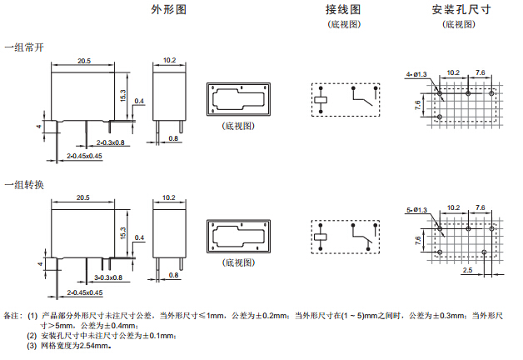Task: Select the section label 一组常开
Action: coord(24,47)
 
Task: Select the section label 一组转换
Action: coord(24,183)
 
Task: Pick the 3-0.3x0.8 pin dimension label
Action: coord(108,277)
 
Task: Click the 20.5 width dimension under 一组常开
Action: coord(84,61)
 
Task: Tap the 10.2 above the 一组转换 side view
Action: coord(169,197)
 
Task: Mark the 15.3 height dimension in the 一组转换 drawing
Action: coord(123,235)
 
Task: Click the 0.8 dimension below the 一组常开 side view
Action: coord(174,138)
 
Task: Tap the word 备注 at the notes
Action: coord(12,316)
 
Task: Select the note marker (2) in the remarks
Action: coord(32,336)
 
